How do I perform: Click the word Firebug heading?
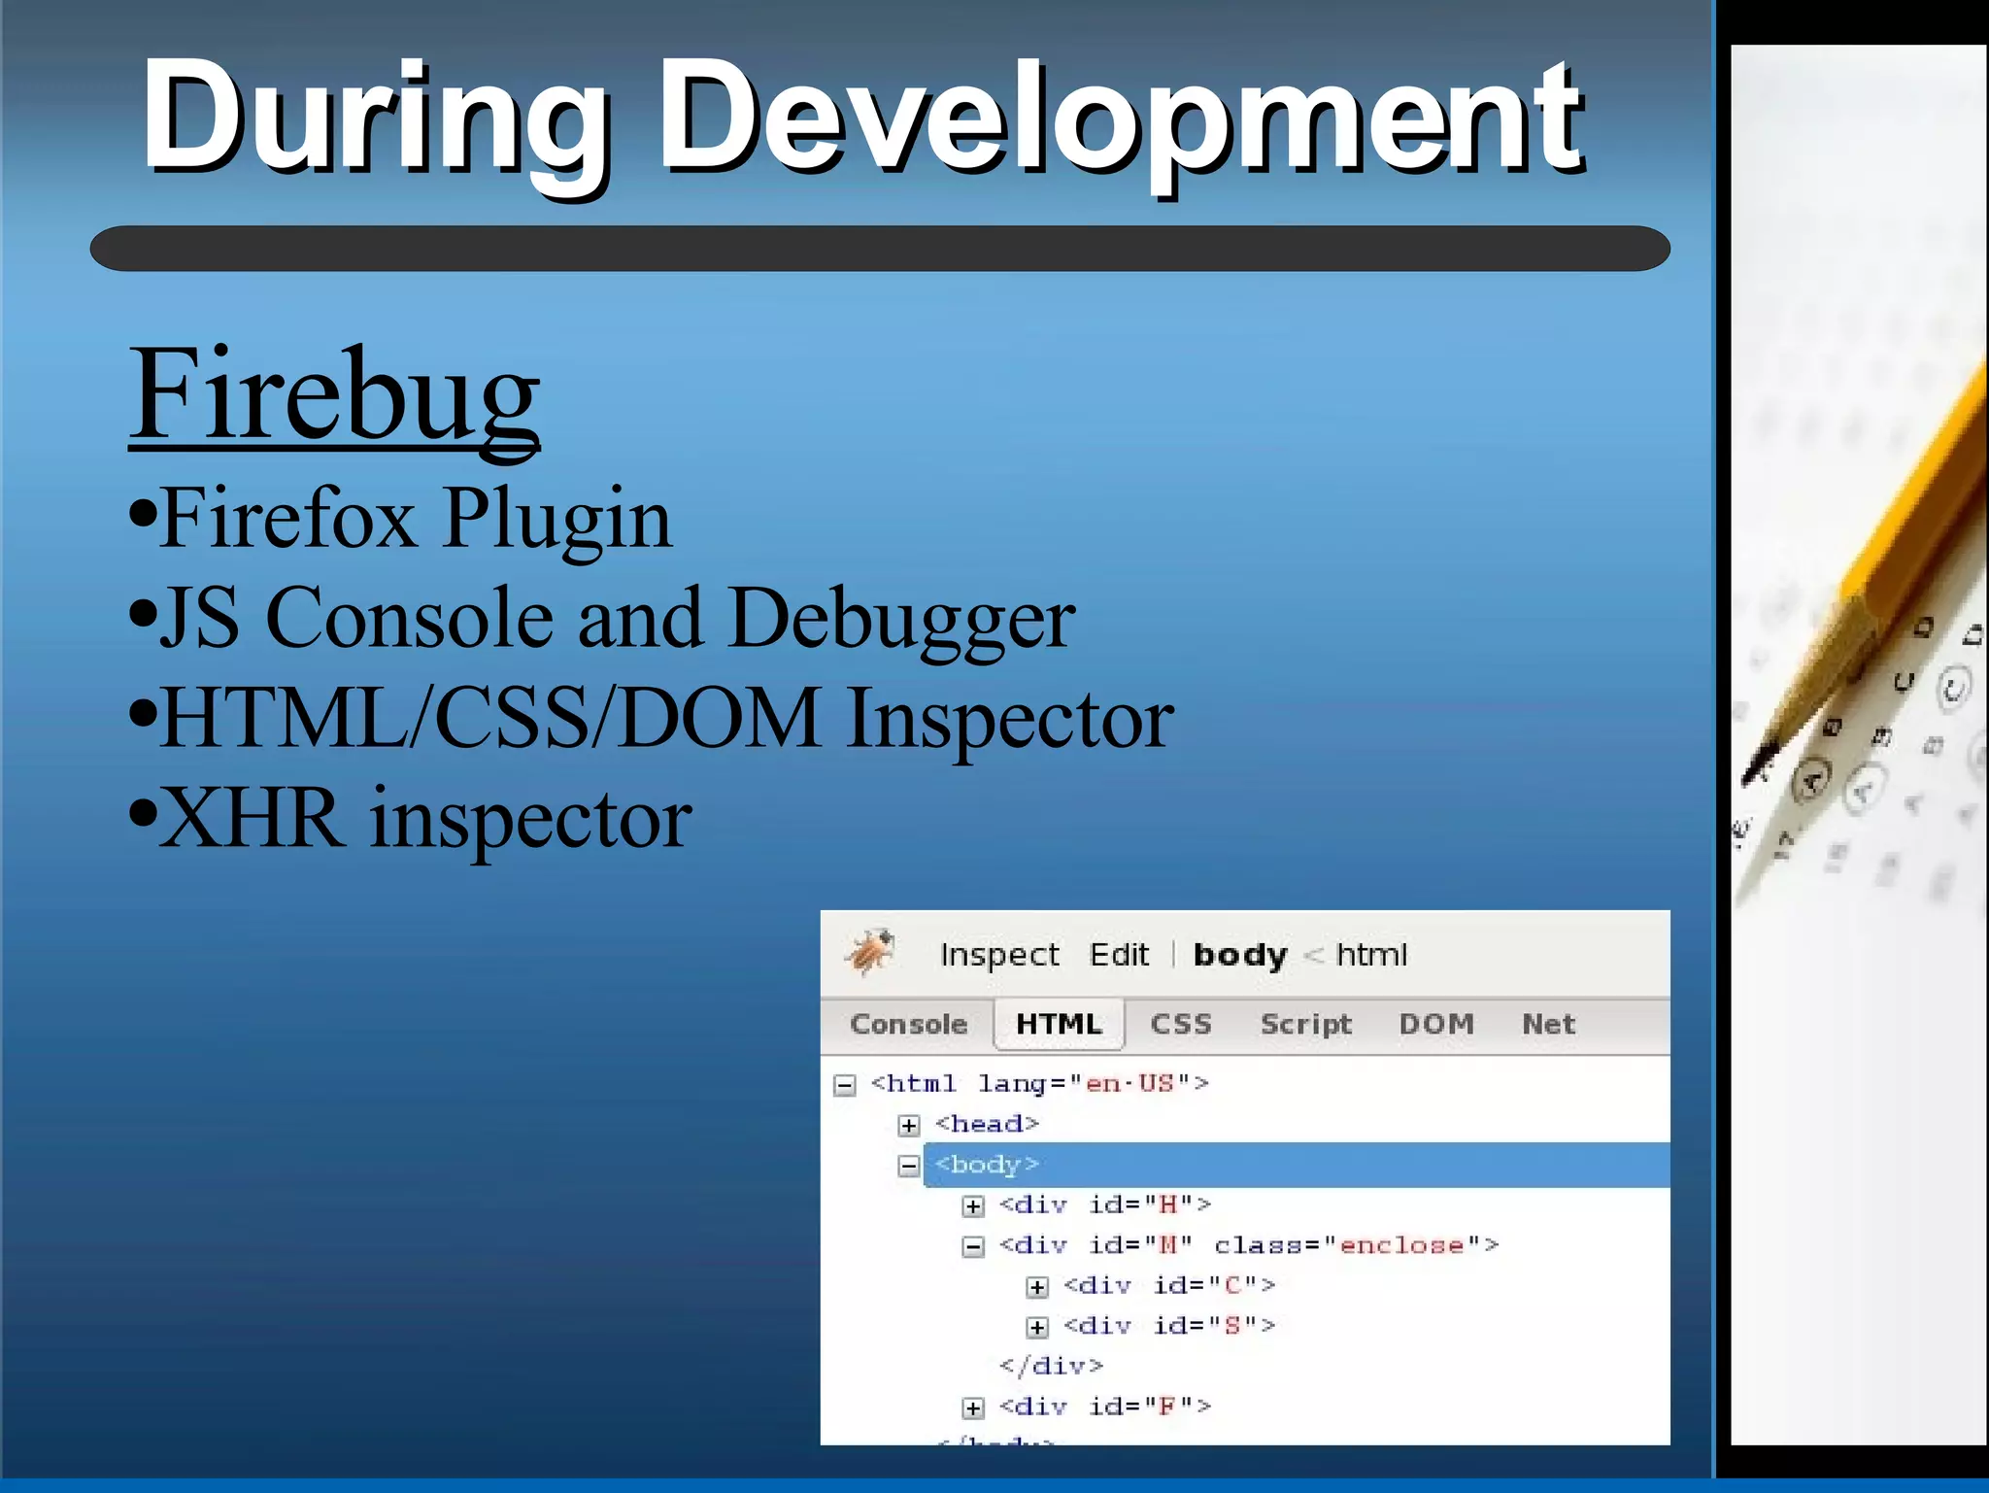click(334, 396)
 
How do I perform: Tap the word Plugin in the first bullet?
click(557, 519)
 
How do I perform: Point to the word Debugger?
click(901, 620)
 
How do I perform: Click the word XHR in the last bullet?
click(252, 818)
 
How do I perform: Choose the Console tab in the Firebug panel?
click(908, 1024)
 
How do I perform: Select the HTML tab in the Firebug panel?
click(1058, 1024)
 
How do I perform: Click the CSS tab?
click(1181, 1024)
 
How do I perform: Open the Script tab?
click(1305, 1024)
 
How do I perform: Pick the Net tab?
click(1548, 1024)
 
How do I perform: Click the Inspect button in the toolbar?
click(999, 955)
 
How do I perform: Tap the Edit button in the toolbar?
click(1119, 955)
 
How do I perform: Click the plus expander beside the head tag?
click(909, 1126)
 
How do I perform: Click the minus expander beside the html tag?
click(845, 1085)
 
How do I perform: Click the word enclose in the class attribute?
click(1401, 1245)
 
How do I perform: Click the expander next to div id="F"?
click(973, 1408)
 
